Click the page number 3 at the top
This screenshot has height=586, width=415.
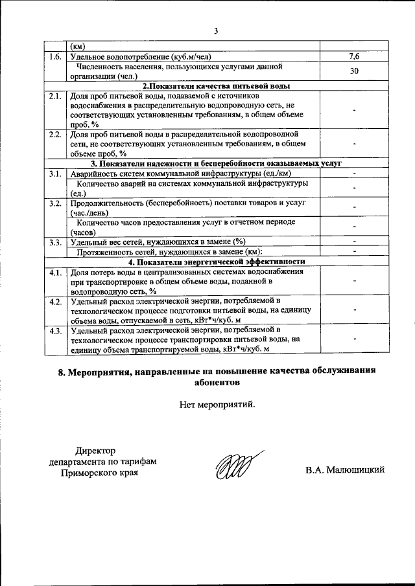[216, 30]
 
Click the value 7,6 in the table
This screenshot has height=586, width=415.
[355, 57]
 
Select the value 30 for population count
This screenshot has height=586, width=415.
[355, 71]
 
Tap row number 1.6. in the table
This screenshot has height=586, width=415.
[55, 57]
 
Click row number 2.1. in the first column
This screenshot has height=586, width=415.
[55, 96]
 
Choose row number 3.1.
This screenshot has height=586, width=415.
[55, 174]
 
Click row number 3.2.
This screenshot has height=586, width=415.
[55, 203]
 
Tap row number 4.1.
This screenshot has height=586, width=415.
[55, 272]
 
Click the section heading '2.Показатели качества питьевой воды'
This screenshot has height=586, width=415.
[216, 85]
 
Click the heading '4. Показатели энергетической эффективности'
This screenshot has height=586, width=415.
[216, 262]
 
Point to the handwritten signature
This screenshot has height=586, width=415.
[235, 466]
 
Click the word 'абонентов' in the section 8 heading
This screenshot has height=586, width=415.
[217, 382]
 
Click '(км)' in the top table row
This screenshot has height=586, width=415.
[77, 47]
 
